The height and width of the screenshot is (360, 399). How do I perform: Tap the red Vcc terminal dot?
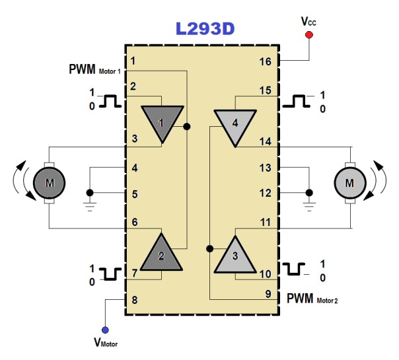tap(308, 36)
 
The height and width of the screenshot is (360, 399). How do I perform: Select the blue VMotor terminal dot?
tap(106, 330)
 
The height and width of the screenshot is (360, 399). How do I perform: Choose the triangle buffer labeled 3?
tap(234, 255)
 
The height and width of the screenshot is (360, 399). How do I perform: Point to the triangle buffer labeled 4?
tap(235, 123)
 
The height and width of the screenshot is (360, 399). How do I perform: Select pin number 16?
tap(265, 62)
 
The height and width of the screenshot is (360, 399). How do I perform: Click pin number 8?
tap(134, 299)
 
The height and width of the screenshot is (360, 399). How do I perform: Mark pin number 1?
tap(133, 61)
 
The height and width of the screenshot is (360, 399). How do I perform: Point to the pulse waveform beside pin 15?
tap(297, 101)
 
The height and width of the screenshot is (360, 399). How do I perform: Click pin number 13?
tap(265, 168)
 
